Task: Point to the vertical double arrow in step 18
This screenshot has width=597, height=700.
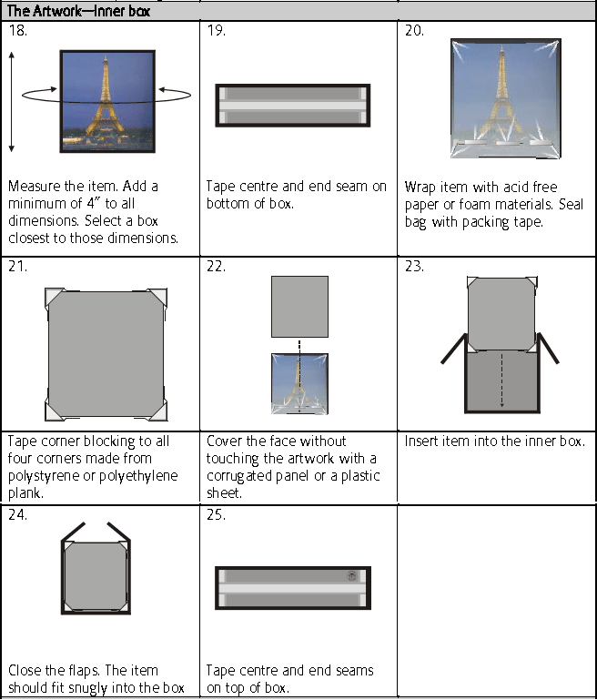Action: point(12,101)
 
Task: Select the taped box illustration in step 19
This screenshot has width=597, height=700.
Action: point(292,105)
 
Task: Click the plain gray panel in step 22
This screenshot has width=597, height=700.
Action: point(299,306)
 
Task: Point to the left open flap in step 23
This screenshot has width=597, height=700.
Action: point(453,349)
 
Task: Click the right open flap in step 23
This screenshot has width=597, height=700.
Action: point(549,349)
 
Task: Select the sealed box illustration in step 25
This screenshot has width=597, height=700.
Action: point(292,588)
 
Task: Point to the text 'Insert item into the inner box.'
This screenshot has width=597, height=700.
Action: point(494,441)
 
